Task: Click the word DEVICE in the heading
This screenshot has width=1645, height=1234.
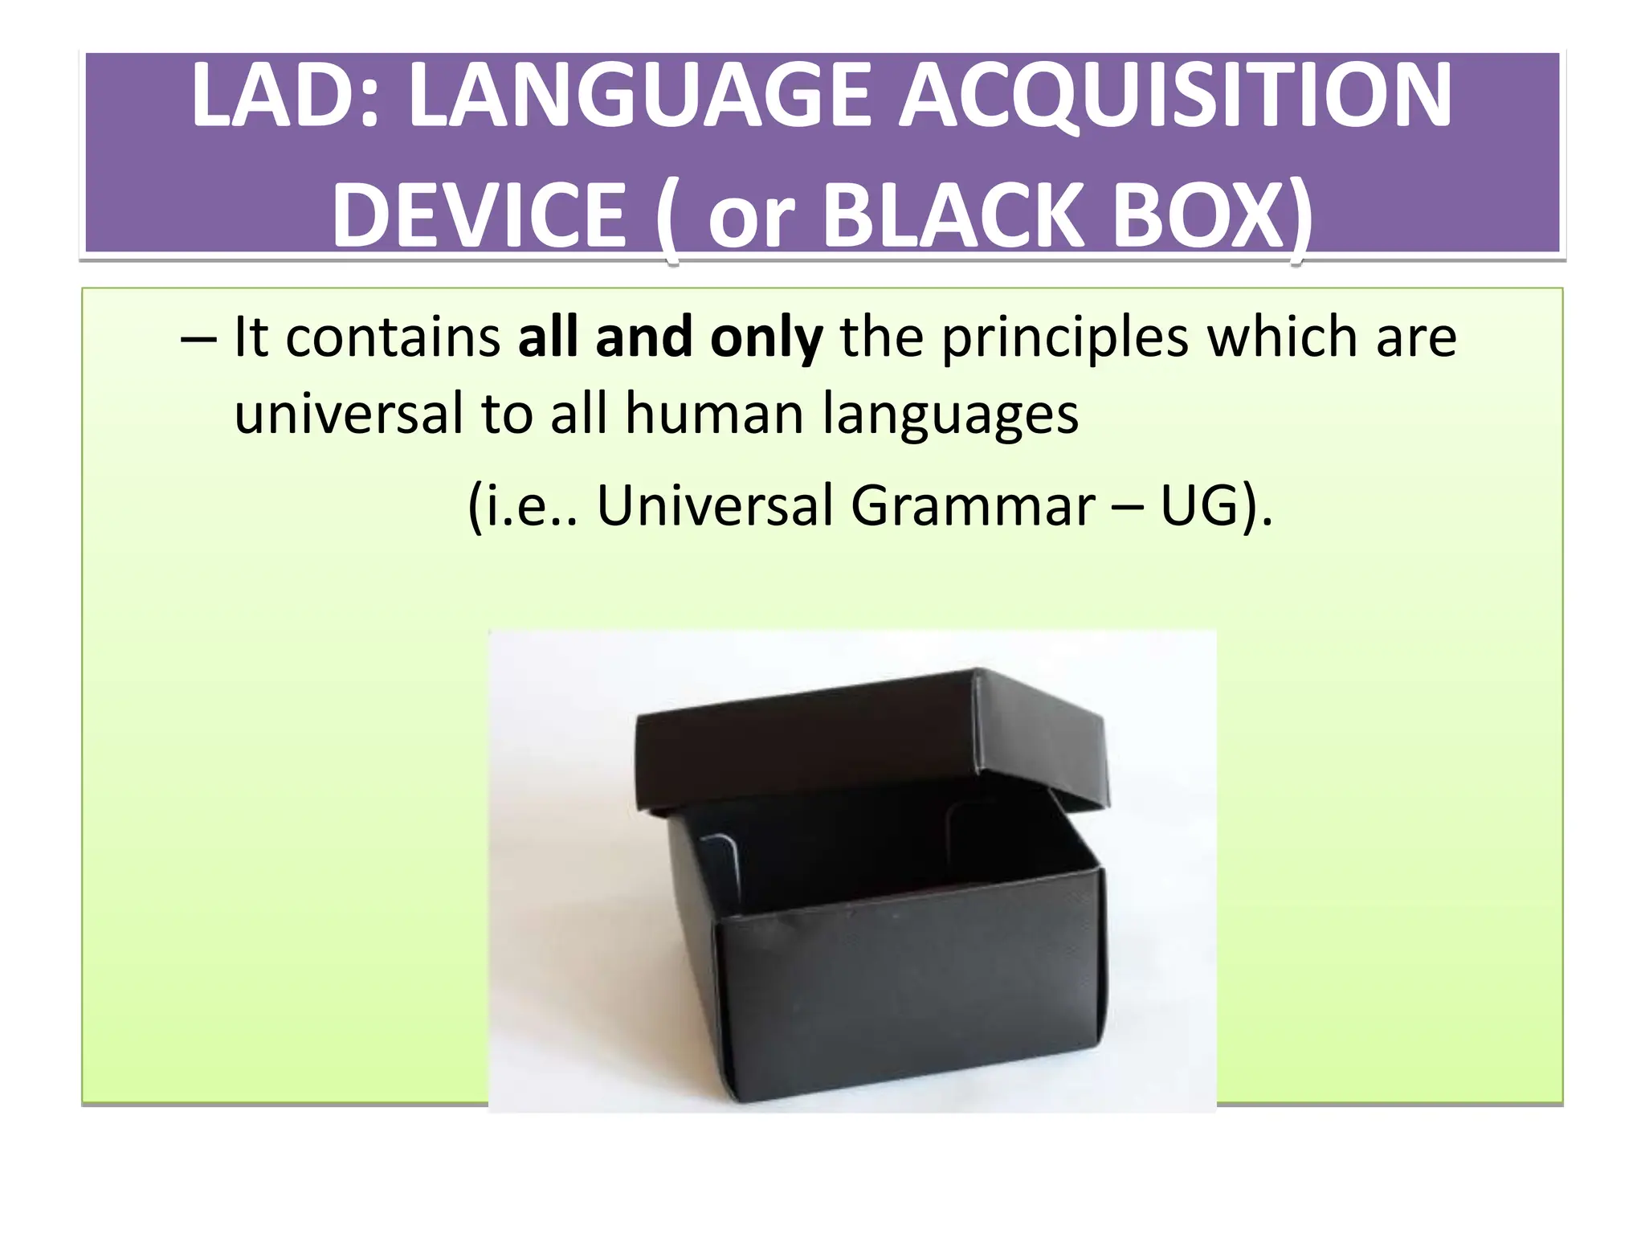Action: pos(479,215)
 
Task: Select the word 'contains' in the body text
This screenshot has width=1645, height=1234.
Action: pos(394,337)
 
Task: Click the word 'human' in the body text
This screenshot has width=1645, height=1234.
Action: pos(714,415)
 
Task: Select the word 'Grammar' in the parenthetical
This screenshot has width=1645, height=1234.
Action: pos(973,506)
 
